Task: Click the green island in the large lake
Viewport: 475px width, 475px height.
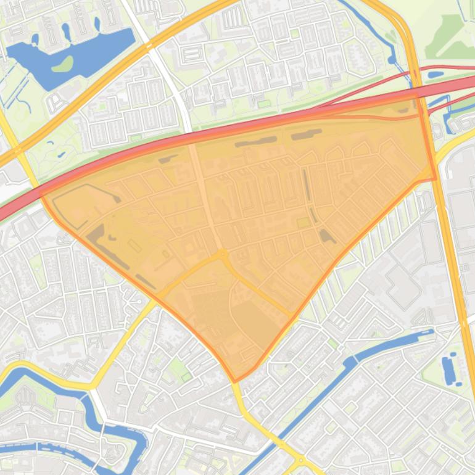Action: [x=62, y=64]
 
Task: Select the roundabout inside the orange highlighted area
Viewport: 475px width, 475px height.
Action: [x=221, y=254]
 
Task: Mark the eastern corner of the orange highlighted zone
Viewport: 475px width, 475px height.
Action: [x=435, y=179]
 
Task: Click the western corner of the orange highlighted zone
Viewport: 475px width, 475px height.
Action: [x=41, y=192]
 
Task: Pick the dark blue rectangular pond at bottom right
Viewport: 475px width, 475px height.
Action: [x=448, y=368]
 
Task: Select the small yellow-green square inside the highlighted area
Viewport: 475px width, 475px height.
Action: [x=303, y=223]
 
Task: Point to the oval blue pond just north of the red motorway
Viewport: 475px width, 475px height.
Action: [x=435, y=75]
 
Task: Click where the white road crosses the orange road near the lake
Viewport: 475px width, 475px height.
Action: [x=148, y=45]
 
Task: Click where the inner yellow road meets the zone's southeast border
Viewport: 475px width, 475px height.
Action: [x=291, y=315]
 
